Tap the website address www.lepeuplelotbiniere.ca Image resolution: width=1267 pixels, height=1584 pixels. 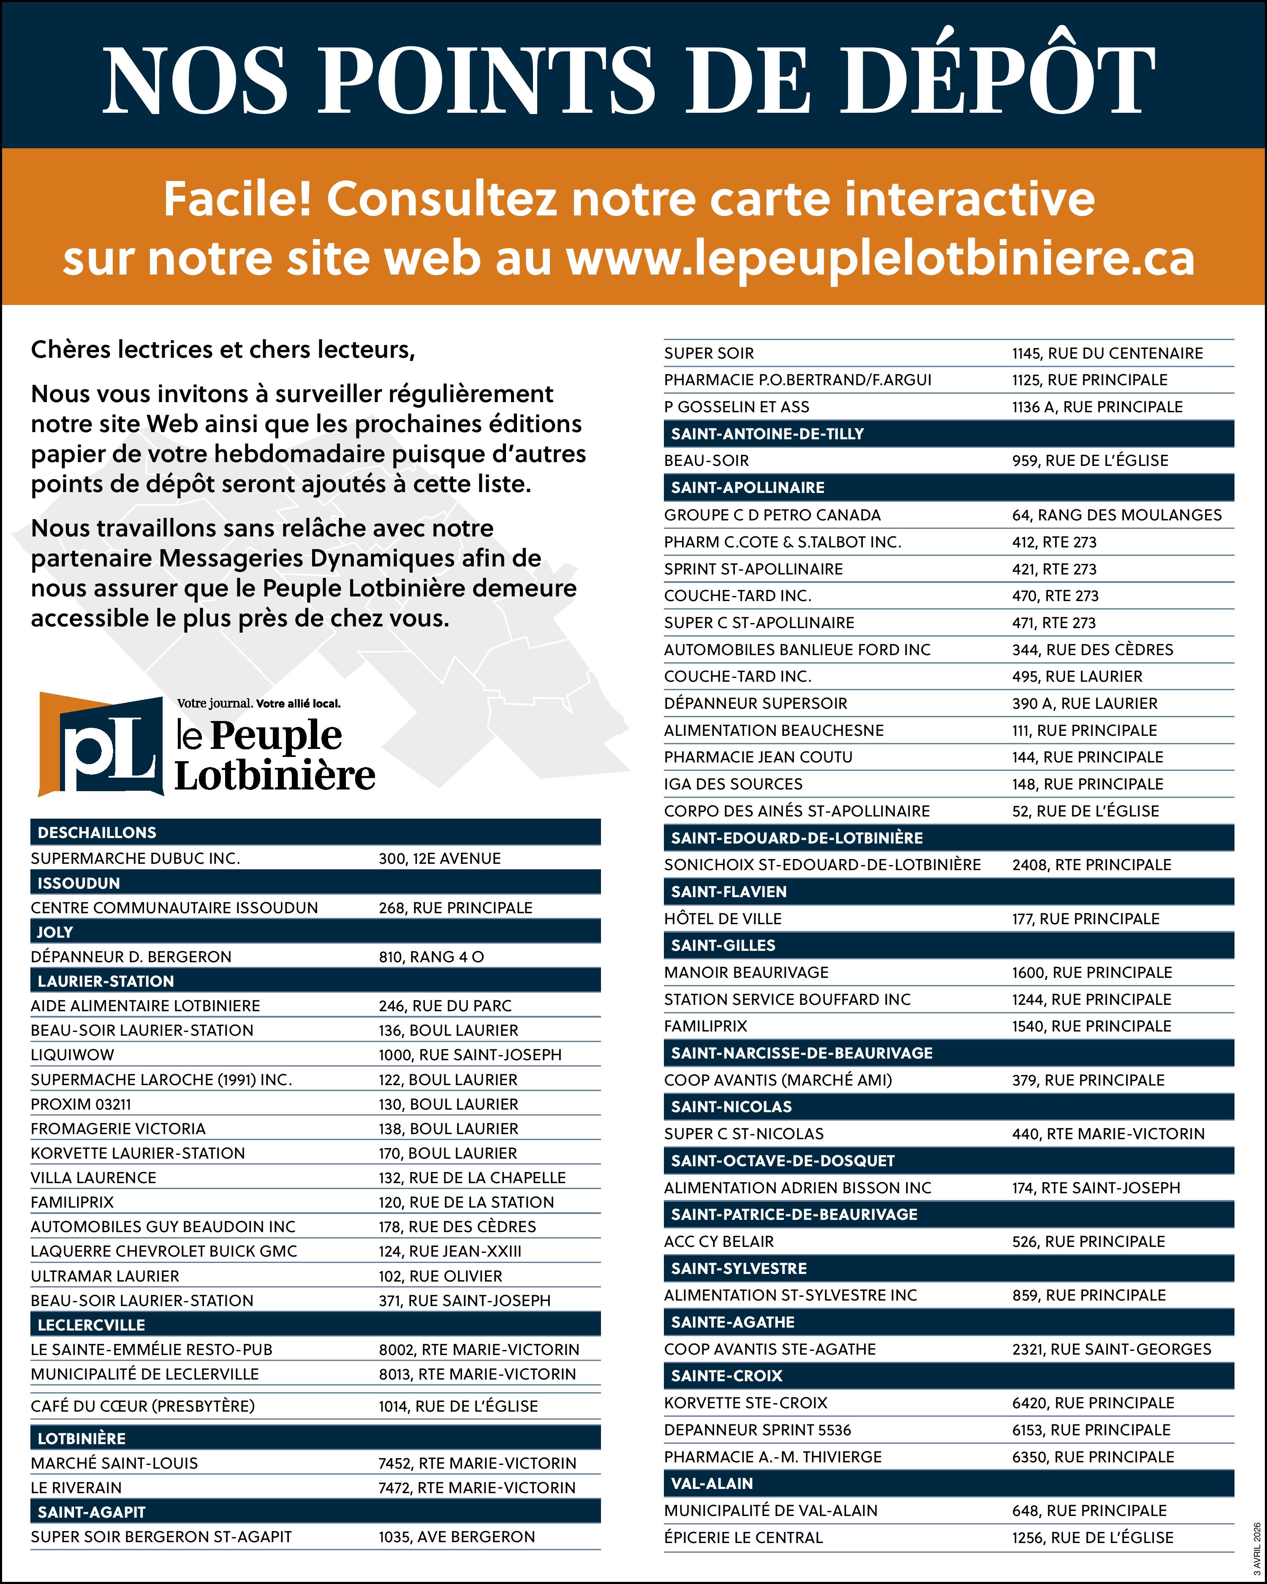point(880,259)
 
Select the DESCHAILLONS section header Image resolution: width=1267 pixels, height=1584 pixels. point(97,833)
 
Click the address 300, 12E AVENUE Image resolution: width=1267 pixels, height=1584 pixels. point(439,858)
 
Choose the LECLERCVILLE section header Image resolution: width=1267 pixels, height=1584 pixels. point(91,1325)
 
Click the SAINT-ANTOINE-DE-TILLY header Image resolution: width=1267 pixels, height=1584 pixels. point(767,433)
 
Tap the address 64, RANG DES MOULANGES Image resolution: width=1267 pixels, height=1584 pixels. point(1116,515)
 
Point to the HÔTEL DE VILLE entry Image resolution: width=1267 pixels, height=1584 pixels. point(722,918)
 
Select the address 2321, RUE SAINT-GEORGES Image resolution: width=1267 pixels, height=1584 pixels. point(1111,1349)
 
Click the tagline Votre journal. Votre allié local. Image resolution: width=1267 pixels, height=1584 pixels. point(258,703)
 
